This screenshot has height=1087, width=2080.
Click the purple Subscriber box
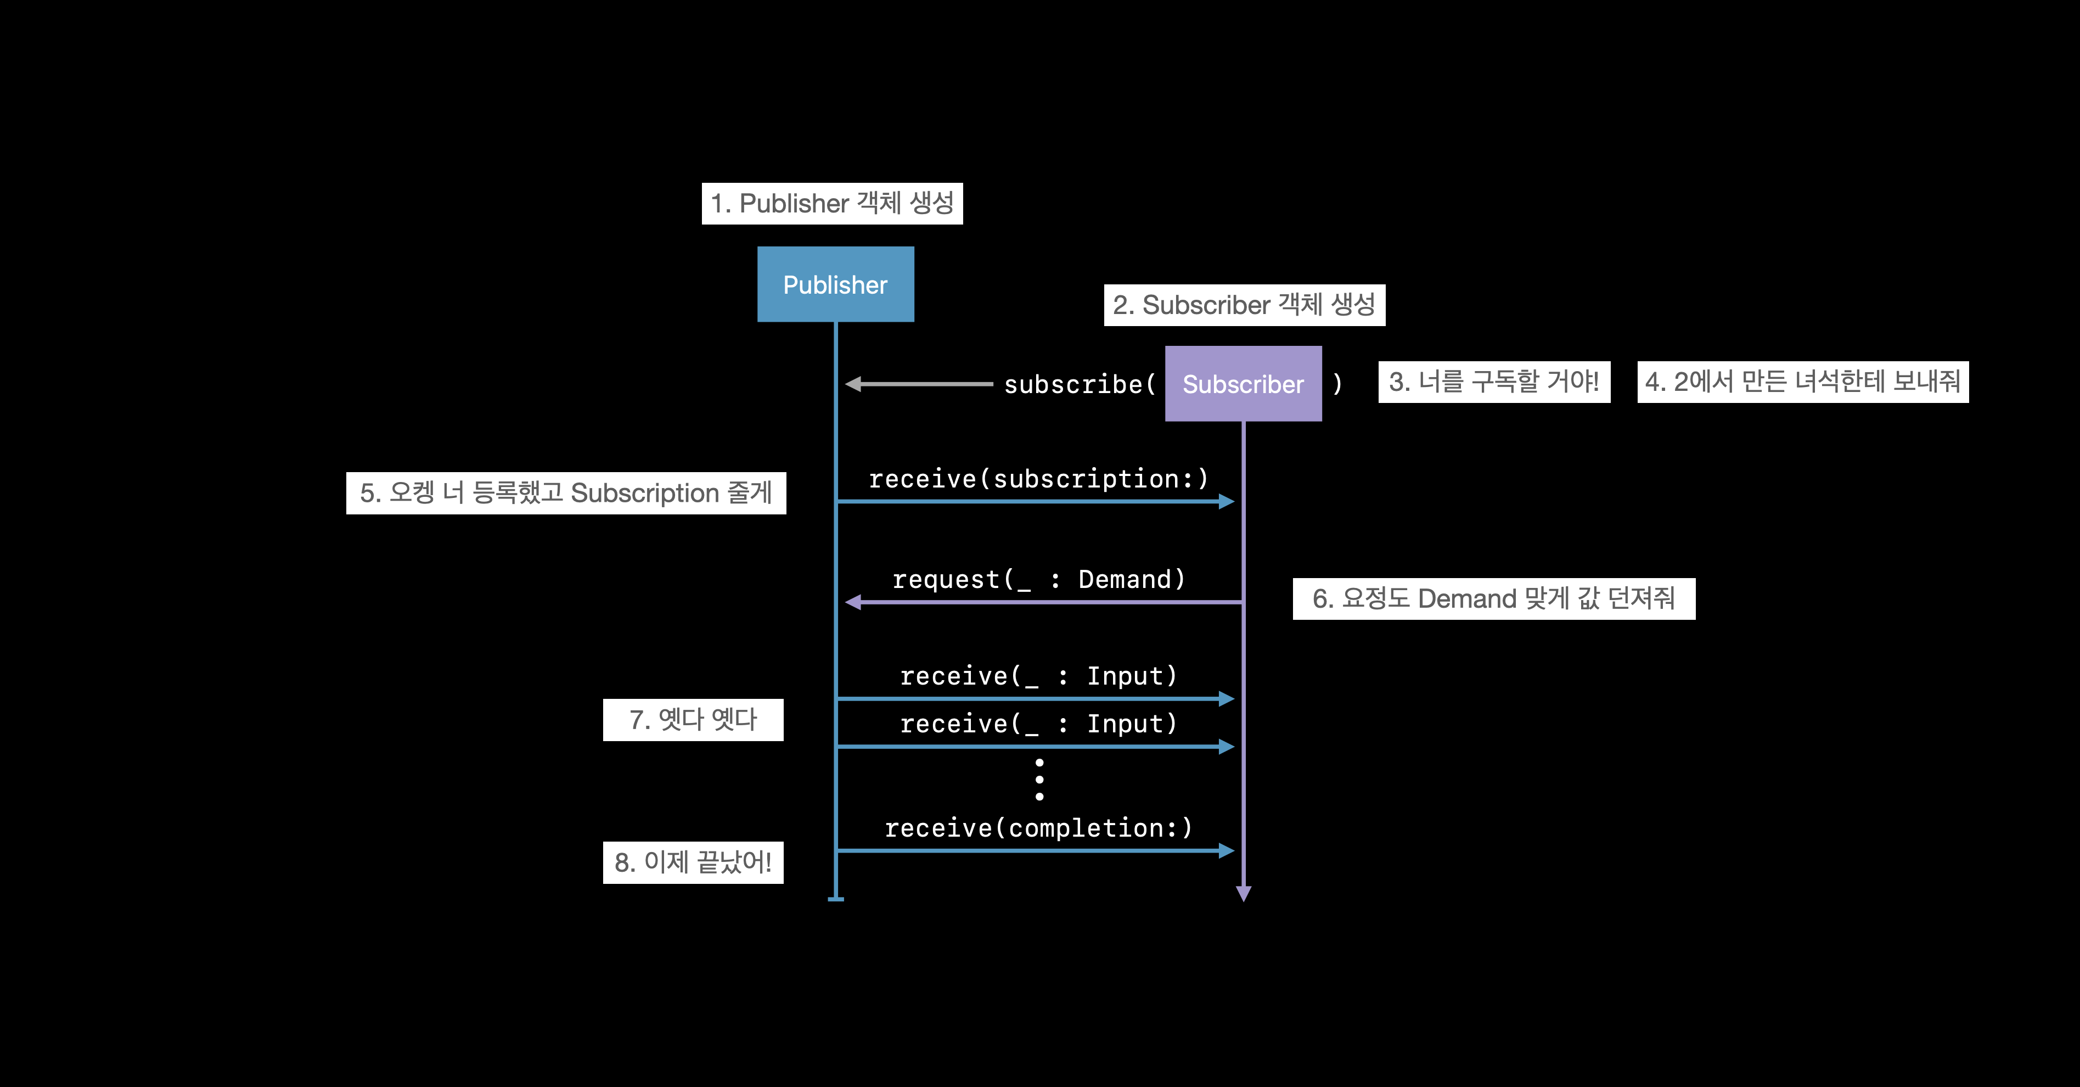1244,384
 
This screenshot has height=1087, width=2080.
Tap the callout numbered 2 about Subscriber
1244,305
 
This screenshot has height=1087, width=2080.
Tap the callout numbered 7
693,720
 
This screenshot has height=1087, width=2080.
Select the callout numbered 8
693,862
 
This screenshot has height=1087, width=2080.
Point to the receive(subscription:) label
1038,479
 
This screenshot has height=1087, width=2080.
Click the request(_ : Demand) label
1038,579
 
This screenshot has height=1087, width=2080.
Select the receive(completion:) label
1038,828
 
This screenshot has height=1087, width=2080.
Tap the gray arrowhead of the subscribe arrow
853,384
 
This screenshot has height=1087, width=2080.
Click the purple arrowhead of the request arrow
853,602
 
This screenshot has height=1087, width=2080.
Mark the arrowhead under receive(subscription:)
1227,502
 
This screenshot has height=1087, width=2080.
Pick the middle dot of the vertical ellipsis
1039,780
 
